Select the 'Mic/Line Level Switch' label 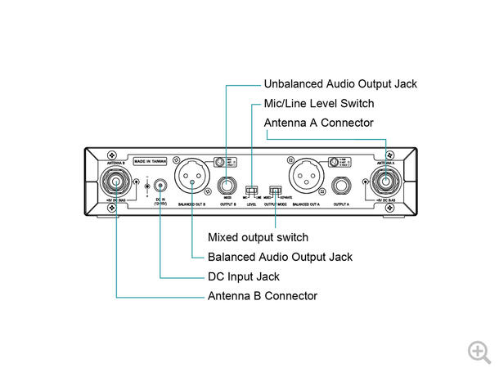tap(318, 103)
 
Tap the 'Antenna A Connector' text tap(318, 123)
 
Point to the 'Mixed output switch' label tap(258, 238)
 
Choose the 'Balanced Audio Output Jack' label tap(280, 257)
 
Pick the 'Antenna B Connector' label tap(262, 296)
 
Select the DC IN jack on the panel tap(159, 186)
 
